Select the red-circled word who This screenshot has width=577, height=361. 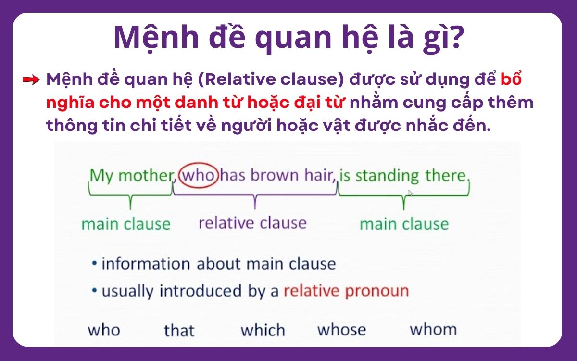click(x=199, y=175)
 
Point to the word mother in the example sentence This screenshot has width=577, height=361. click(x=145, y=175)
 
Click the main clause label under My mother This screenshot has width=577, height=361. click(x=126, y=224)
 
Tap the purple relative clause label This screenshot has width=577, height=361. click(x=252, y=223)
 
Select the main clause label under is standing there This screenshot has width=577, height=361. click(x=404, y=224)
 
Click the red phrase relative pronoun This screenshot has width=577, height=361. click(x=346, y=291)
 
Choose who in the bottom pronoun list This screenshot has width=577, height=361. click(x=104, y=330)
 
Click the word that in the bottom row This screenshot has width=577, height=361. click(x=179, y=331)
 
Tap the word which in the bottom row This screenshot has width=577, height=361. click(x=263, y=330)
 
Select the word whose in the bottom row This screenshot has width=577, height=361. click(x=341, y=330)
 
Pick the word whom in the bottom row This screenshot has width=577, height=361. click(x=433, y=330)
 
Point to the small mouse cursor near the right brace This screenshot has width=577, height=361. click(x=410, y=193)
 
